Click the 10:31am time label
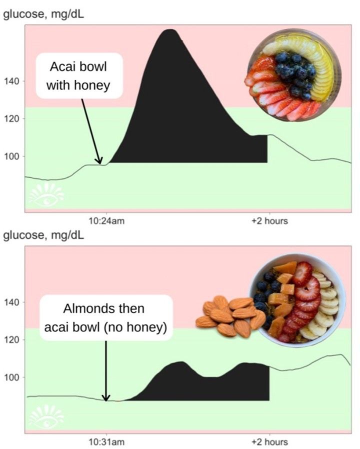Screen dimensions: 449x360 [105, 442]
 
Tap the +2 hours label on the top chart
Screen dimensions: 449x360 [269, 220]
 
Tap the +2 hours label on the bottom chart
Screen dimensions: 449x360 [269, 442]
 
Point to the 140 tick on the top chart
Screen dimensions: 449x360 [12, 81]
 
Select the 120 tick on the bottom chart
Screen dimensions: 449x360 [12, 340]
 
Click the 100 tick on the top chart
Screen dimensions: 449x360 [12, 156]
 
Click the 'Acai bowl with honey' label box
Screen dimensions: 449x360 [78, 75]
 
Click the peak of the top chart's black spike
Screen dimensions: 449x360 [170, 31]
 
